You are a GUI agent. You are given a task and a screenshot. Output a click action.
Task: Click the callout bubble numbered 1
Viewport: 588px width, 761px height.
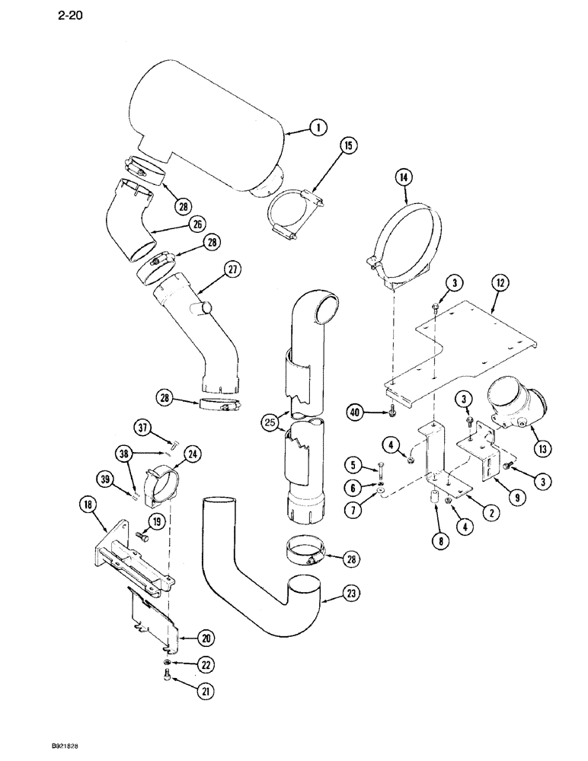click(x=315, y=129)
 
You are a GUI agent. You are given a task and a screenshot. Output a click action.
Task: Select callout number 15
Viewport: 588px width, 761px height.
click(x=350, y=145)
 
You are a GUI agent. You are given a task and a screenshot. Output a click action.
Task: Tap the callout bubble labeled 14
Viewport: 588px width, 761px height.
click(x=404, y=178)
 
